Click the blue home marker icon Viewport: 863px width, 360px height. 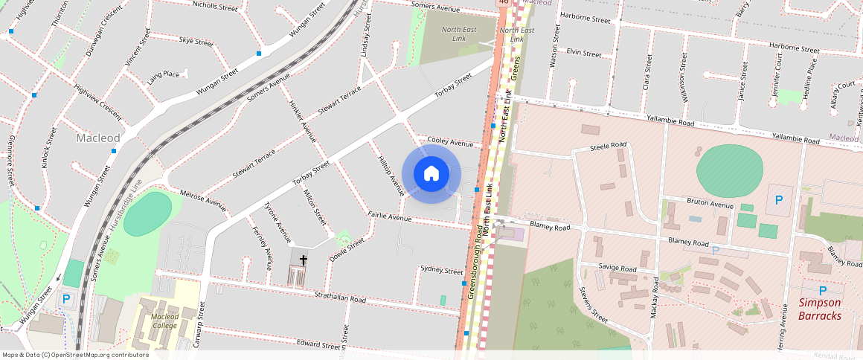click(x=431, y=174)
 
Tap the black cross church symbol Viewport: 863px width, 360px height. click(x=303, y=260)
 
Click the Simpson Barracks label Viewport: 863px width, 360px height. click(x=820, y=309)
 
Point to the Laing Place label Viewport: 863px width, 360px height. click(x=162, y=74)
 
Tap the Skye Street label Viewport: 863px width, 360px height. click(x=196, y=41)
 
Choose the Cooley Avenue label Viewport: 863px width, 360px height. click(x=450, y=142)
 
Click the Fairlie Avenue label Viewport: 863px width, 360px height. click(x=389, y=217)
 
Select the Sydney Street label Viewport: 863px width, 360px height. click(x=441, y=270)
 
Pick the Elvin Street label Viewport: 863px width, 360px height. click(x=583, y=54)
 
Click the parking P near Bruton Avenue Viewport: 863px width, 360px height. click(x=779, y=199)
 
